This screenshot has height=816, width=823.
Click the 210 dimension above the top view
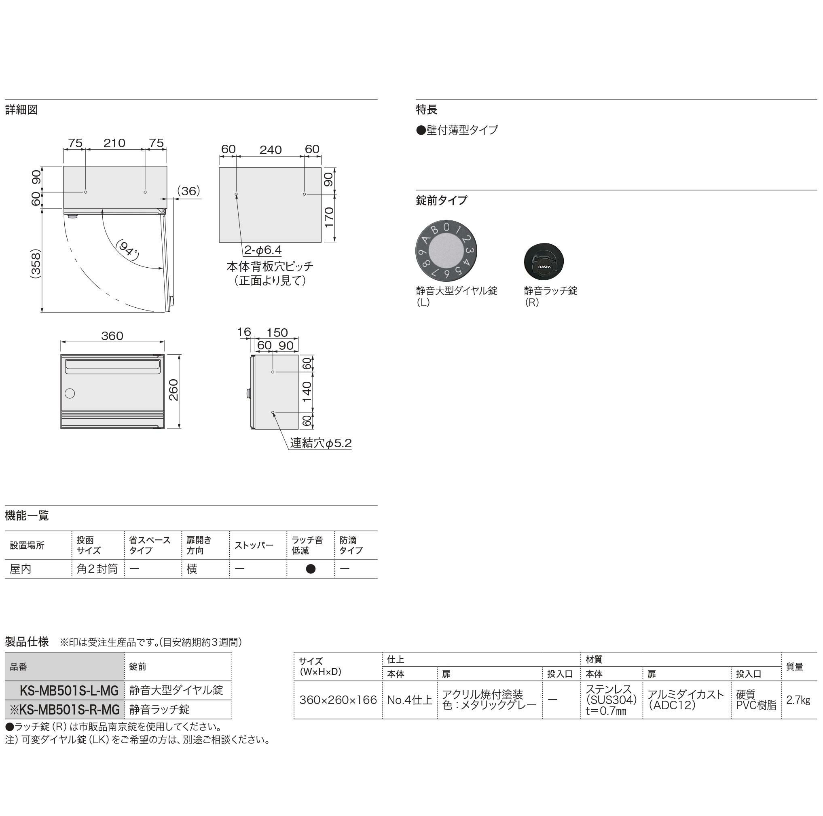tap(114, 143)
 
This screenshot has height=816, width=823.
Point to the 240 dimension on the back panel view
tap(271, 150)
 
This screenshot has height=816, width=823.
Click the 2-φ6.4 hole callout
tap(263, 250)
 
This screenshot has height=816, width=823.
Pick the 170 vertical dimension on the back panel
tap(329, 217)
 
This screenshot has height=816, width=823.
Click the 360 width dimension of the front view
tap(112, 336)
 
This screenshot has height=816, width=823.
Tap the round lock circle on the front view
tap(70, 393)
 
